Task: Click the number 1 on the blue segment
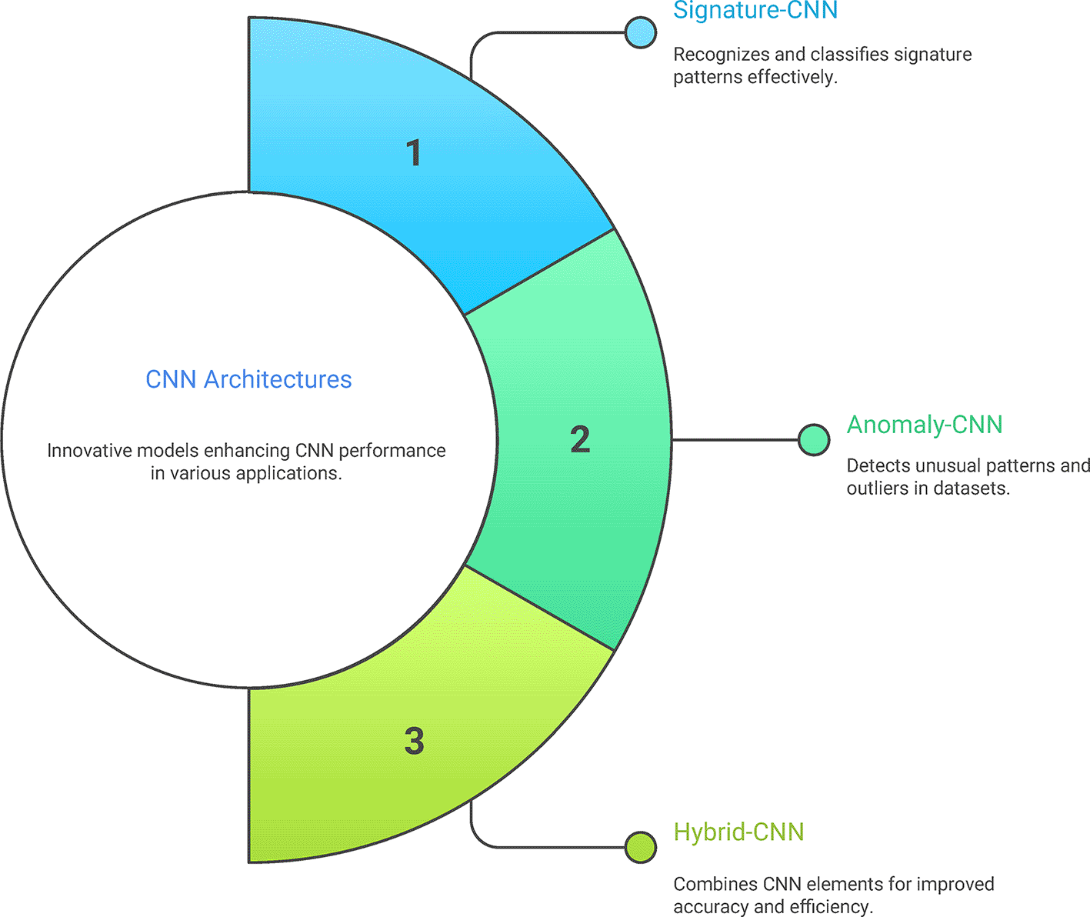click(414, 153)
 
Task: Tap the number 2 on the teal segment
click(580, 439)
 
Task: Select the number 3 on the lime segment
click(414, 741)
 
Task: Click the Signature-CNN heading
click(755, 11)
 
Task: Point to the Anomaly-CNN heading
click(924, 425)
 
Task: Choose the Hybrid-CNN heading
click(738, 832)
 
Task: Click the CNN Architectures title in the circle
click(248, 379)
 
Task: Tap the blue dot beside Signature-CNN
click(640, 32)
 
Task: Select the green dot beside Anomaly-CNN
click(813, 440)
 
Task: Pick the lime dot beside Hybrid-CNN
click(640, 847)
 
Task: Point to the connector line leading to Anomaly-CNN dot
click(735, 440)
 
